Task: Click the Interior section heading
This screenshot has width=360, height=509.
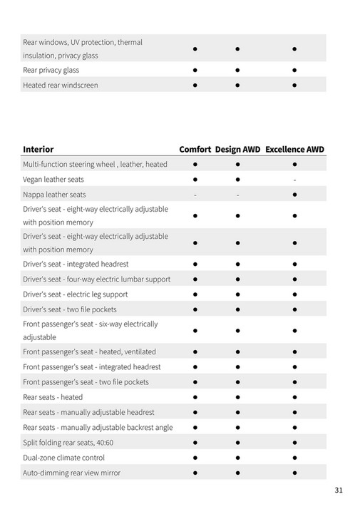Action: pyautogui.click(x=38, y=150)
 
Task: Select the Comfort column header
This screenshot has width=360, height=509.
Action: pyautogui.click(x=195, y=150)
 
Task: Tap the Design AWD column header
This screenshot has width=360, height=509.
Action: pyautogui.click(x=237, y=150)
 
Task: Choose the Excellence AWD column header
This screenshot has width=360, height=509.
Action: pyautogui.click(x=294, y=150)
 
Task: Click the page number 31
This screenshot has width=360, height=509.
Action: pyautogui.click(x=339, y=490)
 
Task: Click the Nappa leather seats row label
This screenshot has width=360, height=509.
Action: pyautogui.click(x=54, y=195)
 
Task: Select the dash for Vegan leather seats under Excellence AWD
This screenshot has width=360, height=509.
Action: pyautogui.click(x=294, y=180)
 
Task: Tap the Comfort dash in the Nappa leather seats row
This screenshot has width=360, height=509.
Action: pyautogui.click(x=195, y=195)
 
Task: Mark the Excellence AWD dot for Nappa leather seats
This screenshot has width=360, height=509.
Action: pyautogui.click(x=294, y=195)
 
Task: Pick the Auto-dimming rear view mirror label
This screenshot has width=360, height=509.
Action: pyautogui.click(x=71, y=473)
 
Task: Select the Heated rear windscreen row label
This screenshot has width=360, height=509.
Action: pyautogui.click(x=61, y=85)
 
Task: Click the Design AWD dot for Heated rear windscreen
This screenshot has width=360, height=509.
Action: pyautogui.click(x=237, y=86)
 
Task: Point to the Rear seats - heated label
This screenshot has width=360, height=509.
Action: pyautogui.click(x=53, y=397)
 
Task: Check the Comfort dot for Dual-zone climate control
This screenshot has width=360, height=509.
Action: pyautogui.click(x=195, y=458)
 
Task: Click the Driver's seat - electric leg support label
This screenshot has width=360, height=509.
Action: pyautogui.click(x=76, y=294)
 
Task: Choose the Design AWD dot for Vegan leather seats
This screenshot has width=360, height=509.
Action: pyautogui.click(x=237, y=180)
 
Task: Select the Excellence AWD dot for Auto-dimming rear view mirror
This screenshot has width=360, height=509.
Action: pyautogui.click(x=294, y=473)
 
